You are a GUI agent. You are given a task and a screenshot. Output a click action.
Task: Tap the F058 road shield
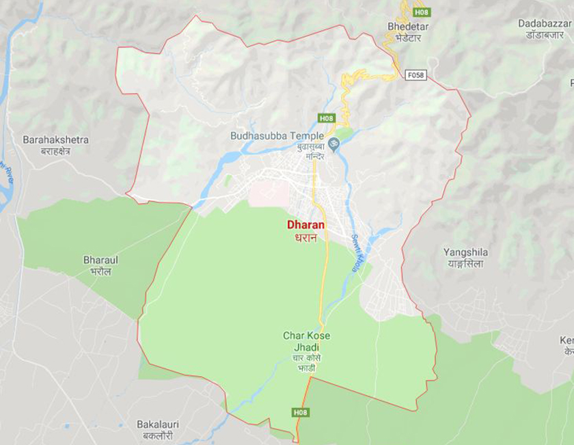(x=415, y=75)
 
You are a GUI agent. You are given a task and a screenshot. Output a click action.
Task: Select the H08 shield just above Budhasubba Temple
(x=325, y=118)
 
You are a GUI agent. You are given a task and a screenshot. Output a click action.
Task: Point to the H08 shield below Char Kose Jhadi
(x=301, y=412)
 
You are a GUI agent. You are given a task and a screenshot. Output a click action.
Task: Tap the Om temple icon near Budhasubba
(x=335, y=144)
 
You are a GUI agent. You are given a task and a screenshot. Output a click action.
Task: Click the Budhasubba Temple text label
(x=277, y=136)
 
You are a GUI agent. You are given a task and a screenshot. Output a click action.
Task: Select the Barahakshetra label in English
(x=55, y=139)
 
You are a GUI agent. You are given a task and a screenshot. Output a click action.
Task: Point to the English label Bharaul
(x=101, y=260)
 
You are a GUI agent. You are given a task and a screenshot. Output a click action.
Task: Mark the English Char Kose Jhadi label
(x=306, y=342)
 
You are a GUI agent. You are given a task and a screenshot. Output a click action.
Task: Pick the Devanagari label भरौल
(x=101, y=271)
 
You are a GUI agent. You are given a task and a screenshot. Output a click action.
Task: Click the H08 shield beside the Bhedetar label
(x=422, y=12)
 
